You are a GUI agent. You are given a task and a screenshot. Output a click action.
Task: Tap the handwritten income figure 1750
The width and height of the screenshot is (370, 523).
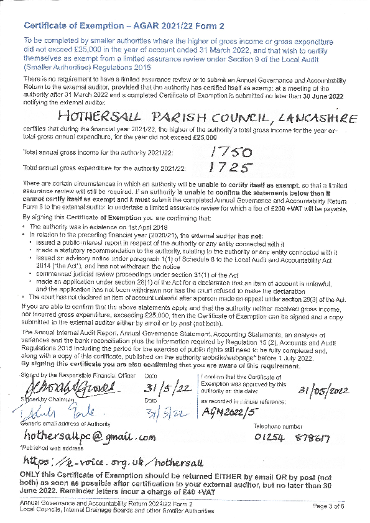tap(230, 152)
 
